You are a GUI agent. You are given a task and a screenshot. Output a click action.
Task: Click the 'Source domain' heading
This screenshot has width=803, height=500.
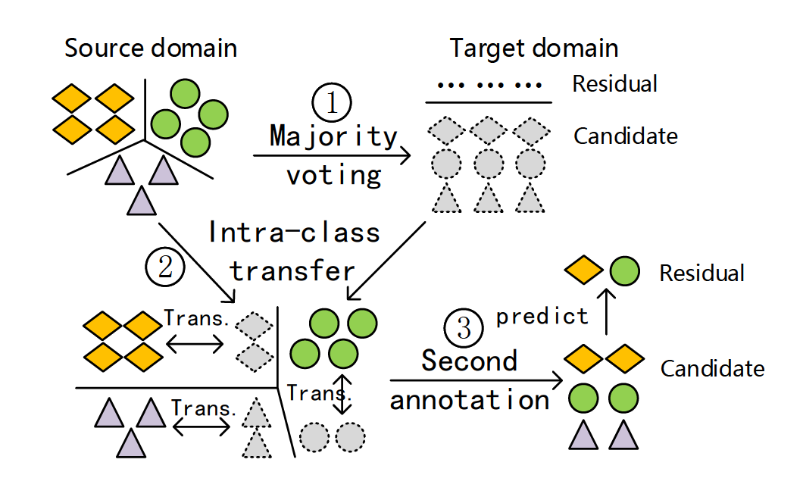coord(151,48)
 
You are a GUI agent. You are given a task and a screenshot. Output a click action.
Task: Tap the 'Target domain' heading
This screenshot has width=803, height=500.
coord(534,48)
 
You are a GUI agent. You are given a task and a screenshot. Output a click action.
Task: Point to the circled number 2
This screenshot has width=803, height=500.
coord(166,267)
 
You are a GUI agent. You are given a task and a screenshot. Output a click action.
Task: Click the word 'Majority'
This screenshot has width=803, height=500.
coord(333,137)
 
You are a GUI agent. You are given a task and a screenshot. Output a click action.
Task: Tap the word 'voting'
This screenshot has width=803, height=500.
coord(333,176)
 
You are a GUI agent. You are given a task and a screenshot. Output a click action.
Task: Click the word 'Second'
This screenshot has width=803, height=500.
coord(470,361)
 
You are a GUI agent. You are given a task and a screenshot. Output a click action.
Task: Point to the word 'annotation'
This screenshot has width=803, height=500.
coord(470,399)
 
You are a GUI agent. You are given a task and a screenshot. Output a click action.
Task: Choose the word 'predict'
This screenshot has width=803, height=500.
coord(542,316)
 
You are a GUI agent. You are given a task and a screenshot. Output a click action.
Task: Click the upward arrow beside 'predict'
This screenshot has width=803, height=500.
coord(606,314)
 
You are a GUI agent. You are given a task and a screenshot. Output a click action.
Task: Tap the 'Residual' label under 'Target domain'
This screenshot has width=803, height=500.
coord(614,83)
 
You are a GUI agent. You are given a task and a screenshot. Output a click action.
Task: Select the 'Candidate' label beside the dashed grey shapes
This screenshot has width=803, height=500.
coord(625,136)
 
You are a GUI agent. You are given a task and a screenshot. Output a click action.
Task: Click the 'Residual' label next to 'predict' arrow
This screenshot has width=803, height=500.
coord(701,273)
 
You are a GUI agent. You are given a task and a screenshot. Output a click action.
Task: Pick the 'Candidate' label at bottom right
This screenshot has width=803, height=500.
coord(712,369)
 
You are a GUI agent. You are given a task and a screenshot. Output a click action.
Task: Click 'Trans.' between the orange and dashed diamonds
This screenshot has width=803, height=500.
coord(196,319)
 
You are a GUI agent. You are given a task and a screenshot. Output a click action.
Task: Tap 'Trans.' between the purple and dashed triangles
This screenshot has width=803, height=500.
coord(203,408)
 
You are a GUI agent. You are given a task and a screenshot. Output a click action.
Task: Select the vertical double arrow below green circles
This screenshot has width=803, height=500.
coord(344,393)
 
